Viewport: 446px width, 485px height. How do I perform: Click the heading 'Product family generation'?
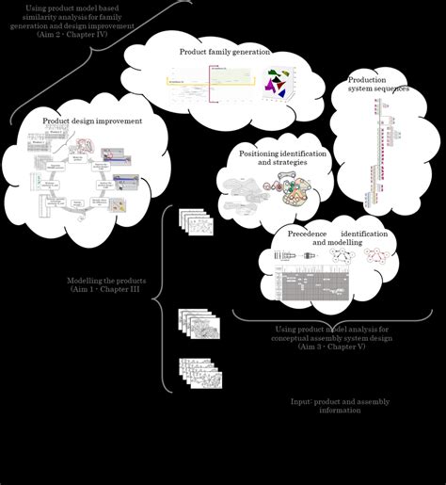[225, 52]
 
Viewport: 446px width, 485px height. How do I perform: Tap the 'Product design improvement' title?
[92, 121]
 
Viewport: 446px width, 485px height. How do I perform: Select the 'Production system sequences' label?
[378, 85]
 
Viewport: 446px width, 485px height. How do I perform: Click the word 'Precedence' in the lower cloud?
[308, 233]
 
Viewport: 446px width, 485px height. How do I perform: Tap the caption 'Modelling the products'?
[105, 281]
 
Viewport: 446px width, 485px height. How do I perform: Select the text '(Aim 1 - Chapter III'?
[105, 291]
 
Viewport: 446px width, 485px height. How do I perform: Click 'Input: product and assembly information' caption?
[340, 406]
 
